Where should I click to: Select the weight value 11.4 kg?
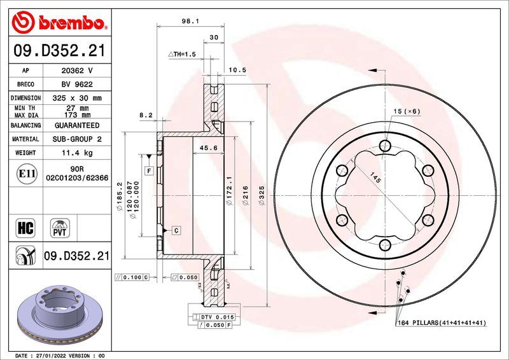(x=76, y=153)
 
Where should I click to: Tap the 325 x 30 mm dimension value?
(x=76, y=98)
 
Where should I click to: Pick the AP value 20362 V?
(x=76, y=70)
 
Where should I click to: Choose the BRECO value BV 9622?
(x=76, y=84)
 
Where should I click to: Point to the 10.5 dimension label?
(x=237, y=70)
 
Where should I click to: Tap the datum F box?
(x=150, y=170)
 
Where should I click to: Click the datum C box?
(x=176, y=230)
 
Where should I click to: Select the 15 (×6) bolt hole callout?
(x=407, y=112)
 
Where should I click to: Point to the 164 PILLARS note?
(x=441, y=323)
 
